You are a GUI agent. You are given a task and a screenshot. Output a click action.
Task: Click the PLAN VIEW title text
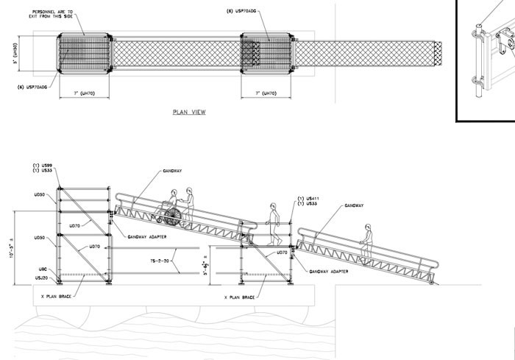coord(188,113)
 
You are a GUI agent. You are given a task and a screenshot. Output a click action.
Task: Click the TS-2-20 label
coord(160,262)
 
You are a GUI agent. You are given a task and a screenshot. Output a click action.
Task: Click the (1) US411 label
coord(308,199)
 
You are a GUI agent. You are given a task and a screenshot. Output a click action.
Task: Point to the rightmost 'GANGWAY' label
coord(352,207)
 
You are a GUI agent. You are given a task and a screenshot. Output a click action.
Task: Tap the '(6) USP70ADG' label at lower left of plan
coord(32,86)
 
